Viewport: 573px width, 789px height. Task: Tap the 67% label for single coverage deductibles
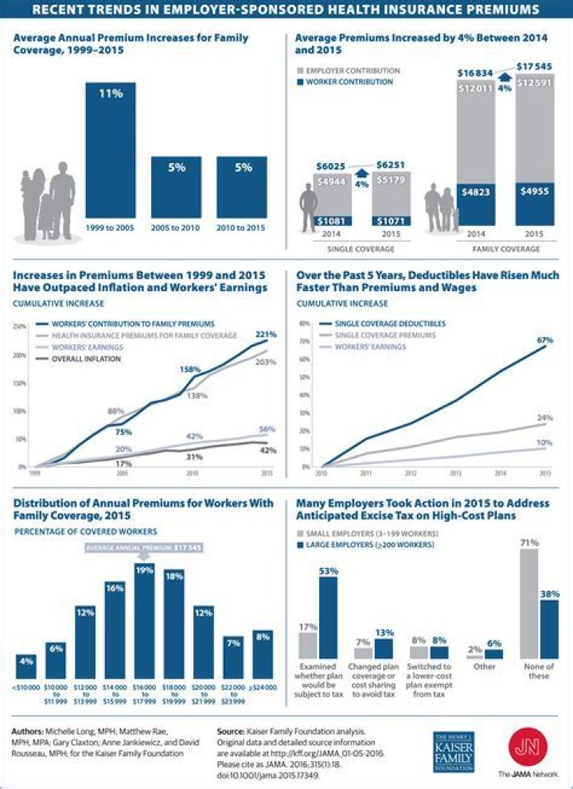click(544, 340)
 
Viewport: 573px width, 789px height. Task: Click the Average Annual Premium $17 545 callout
click(144, 549)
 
